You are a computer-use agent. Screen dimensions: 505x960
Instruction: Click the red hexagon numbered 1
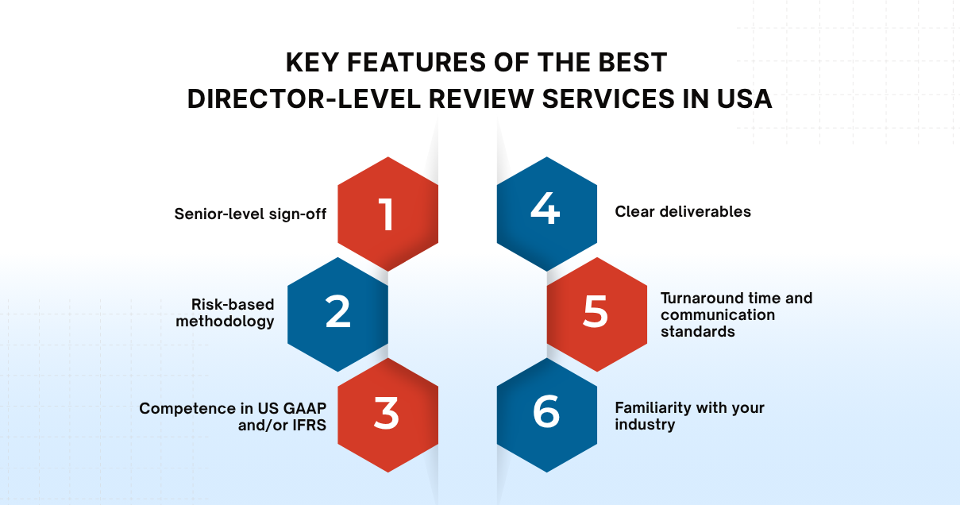click(x=387, y=214)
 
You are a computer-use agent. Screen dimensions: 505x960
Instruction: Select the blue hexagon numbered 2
click(x=337, y=314)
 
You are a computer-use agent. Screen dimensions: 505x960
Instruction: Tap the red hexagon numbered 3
click(x=387, y=414)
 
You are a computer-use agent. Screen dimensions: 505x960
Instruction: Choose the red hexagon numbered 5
click(x=596, y=314)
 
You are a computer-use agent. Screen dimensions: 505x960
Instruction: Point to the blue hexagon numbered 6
click(x=546, y=414)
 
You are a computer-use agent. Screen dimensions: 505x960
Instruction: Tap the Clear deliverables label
click(x=683, y=212)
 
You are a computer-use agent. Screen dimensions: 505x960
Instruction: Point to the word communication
click(x=718, y=314)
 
